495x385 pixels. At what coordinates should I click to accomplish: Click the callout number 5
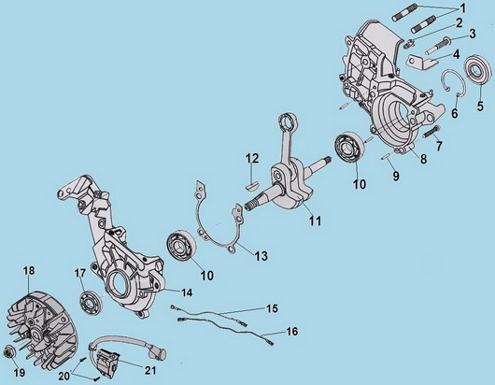480,107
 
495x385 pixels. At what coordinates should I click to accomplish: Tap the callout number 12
252,159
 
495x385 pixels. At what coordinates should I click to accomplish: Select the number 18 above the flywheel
29,271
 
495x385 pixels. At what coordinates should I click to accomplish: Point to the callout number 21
150,370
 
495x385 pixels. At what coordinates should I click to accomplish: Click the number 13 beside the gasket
262,256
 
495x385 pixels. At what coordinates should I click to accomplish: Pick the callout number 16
292,332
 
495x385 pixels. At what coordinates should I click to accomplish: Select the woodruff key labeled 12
252,184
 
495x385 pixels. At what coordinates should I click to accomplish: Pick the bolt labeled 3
437,45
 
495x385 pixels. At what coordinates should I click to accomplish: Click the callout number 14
187,292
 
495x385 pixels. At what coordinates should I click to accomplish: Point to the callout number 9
396,176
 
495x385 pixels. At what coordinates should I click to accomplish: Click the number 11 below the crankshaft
315,221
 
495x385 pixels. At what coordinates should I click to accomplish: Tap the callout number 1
462,8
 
